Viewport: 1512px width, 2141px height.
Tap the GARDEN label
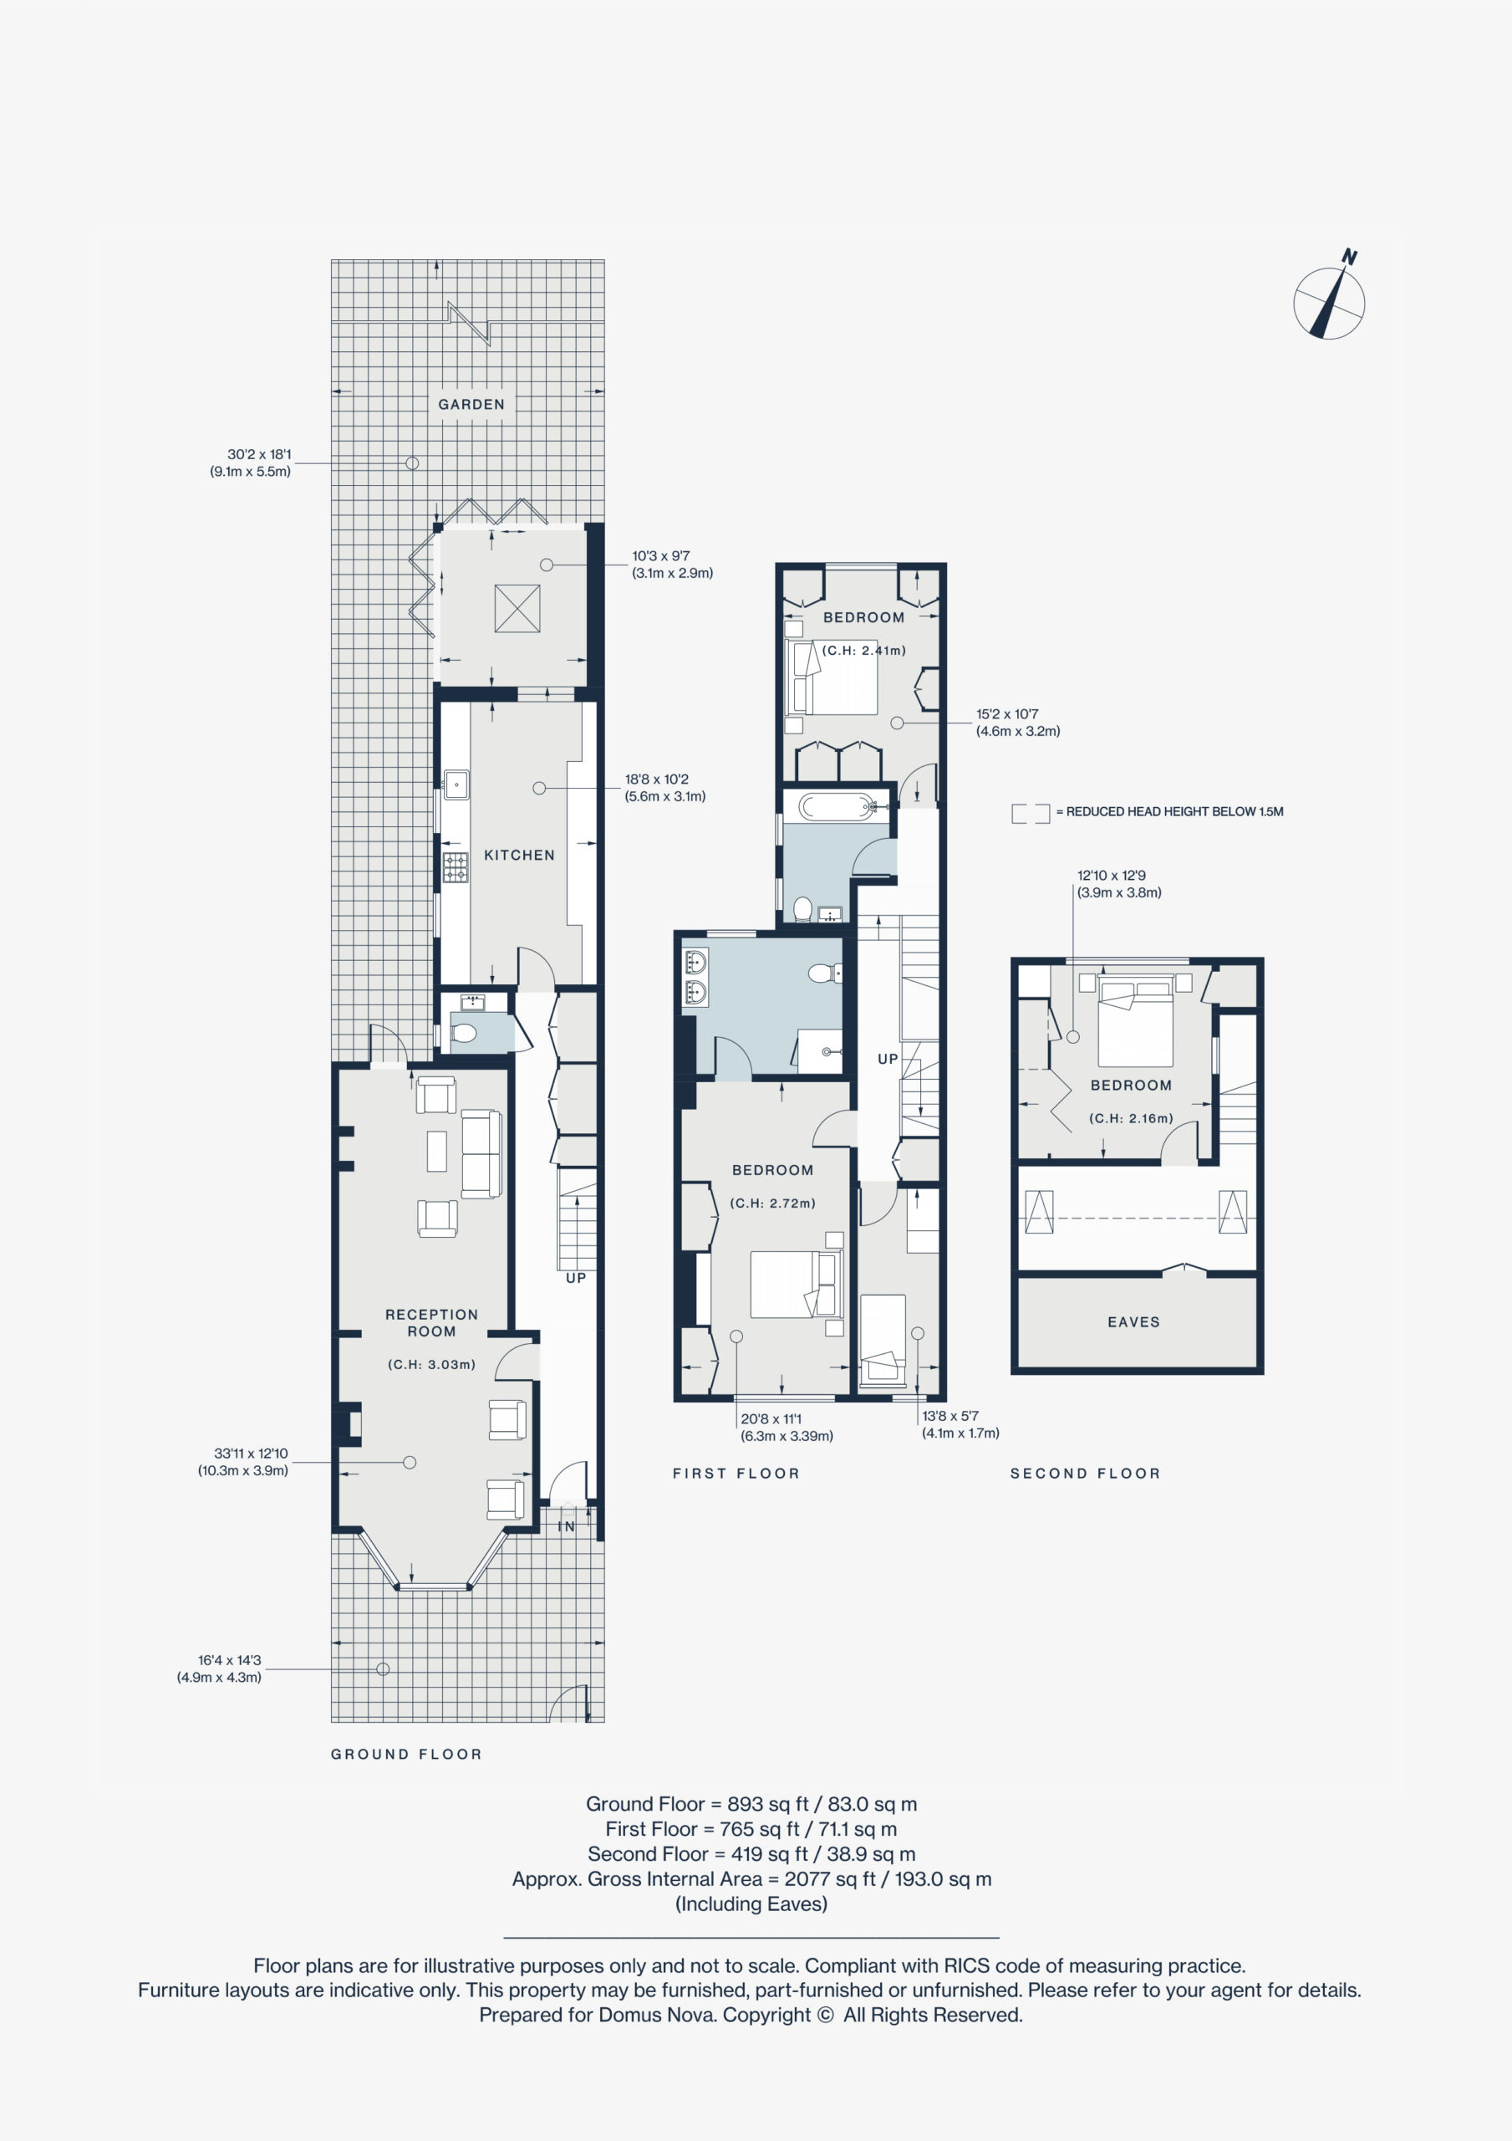[471, 405]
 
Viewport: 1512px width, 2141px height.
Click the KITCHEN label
[519, 855]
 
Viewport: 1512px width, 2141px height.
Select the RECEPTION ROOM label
[431, 1323]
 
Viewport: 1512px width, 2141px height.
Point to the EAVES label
[1133, 1322]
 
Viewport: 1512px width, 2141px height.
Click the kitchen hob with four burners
[456, 867]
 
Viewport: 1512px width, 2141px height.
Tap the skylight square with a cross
[517, 608]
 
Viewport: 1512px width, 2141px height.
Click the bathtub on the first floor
[836, 805]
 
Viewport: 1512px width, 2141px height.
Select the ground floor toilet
[463, 1032]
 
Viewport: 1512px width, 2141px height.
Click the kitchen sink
[456, 784]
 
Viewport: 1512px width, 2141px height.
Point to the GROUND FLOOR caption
[406, 1754]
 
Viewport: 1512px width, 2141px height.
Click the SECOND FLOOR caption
[1085, 1474]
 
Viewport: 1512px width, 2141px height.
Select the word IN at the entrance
[566, 1527]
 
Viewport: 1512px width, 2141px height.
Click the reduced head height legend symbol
[1030, 813]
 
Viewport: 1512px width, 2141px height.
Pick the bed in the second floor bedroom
[1135, 1023]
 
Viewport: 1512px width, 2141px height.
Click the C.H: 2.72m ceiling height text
[773, 1203]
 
